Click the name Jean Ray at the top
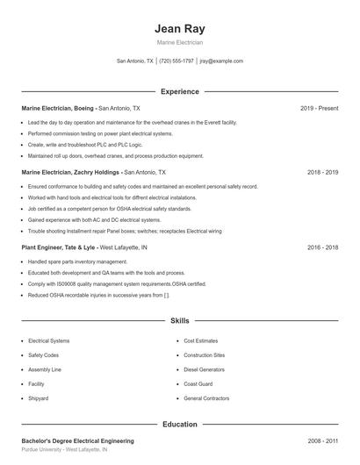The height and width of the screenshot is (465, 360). (x=179, y=29)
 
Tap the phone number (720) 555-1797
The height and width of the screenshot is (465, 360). (x=176, y=61)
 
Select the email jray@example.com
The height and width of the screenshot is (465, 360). (x=221, y=61)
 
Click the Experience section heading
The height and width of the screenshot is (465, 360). (x=179, y=91)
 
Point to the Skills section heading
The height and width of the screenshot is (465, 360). (x=179, y=321)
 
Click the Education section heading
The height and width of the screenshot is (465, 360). (x=179, y=424)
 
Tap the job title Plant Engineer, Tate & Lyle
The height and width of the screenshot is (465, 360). (x=58, y=247)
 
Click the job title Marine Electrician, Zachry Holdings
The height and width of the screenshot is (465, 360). (x=70, y=172)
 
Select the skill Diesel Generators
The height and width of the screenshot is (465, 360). (x=204, y=369)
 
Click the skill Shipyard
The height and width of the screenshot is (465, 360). (x=38, y=398)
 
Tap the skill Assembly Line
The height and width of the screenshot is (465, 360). (x=45, y=369)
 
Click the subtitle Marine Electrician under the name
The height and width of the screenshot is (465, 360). (x=179, y=43)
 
